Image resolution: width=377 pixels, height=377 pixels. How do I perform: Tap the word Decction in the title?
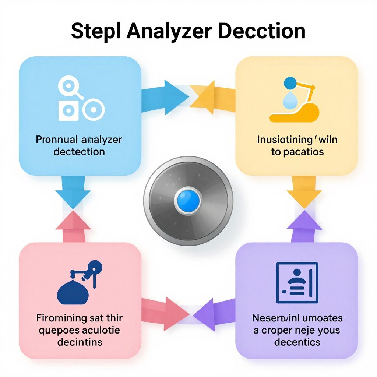click(x=261, y=31)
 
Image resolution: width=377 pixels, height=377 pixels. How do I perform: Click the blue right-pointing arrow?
click(x=166, y=97)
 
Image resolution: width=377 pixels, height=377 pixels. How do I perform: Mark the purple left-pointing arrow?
click(x=214, y=313)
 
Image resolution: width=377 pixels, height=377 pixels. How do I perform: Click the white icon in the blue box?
click(x=80, y=99)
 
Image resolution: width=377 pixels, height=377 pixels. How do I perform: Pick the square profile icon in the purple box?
click(x=297, y=282)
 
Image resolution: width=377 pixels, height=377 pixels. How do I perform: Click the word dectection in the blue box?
click(x=79, y=152)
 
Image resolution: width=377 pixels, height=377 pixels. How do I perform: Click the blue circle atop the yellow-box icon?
click(x=290, y=82)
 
